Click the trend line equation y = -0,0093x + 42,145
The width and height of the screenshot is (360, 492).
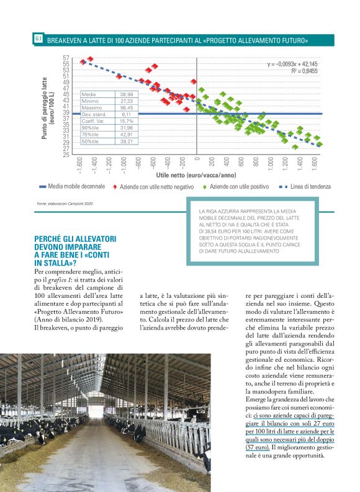[292, 64]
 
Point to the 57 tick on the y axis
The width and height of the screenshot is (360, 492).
[66, 58]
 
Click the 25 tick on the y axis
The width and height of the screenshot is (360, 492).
[66, 155]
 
